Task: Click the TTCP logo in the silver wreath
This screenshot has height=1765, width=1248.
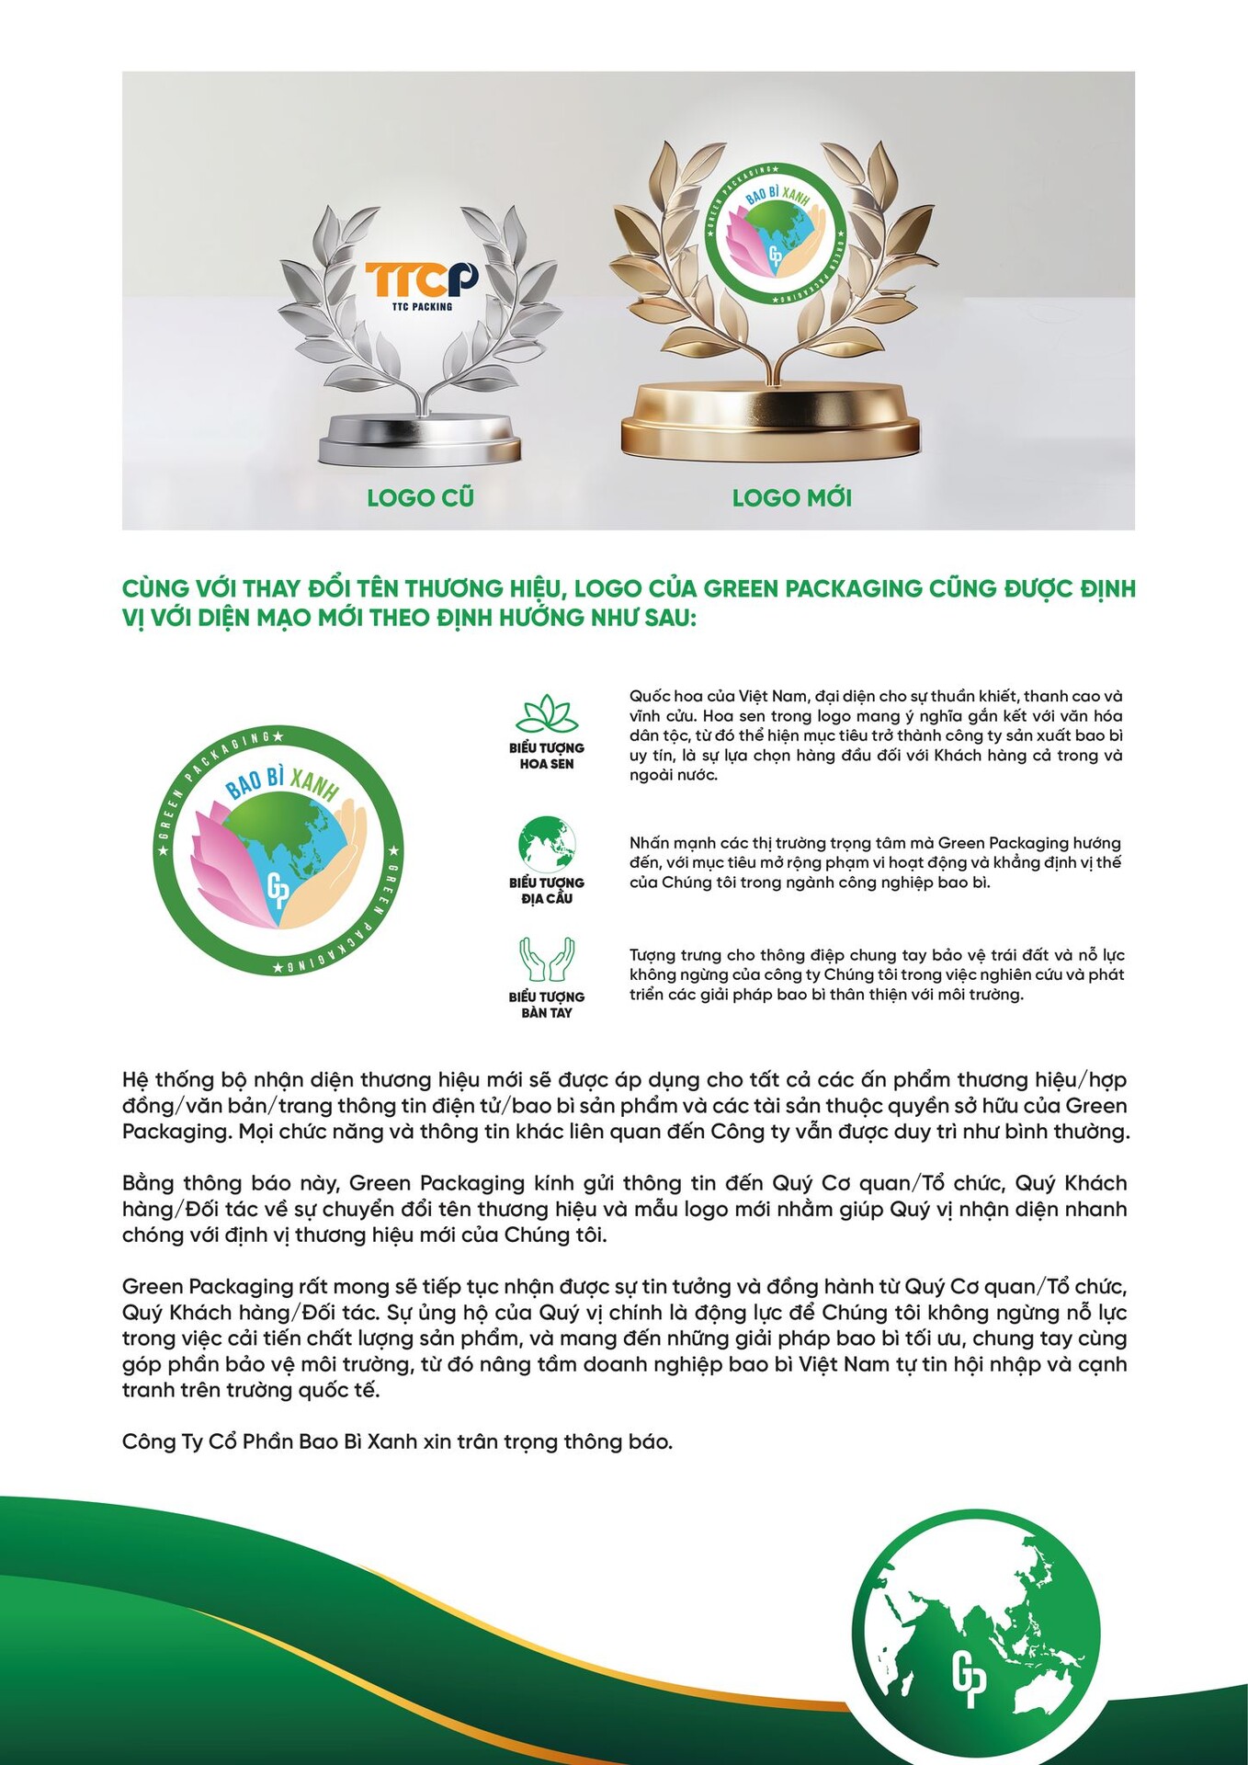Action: pyautogui.click(x=421, y=285)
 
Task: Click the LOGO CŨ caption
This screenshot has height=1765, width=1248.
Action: pyautogui.click(x=420, y=498)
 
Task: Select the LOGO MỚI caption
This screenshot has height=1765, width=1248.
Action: pyautogui.click(x=791, y=498)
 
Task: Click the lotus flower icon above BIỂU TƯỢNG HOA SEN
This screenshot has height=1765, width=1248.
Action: pyautogui.click(x=546, y=715)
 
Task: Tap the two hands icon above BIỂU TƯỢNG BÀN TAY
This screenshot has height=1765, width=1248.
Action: pyautogui.click(x=547, y=960)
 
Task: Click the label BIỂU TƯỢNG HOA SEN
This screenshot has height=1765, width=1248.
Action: pyautogui.click(x=547, y=756)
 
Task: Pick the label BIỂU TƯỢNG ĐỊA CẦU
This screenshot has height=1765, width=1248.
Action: pyautogui.click(x=547, y=890)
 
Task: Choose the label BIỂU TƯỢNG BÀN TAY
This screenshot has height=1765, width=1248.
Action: pyautogui.click(x=547, y=1005)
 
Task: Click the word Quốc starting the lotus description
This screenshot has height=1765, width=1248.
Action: pyautogui.click(x=647, y=696)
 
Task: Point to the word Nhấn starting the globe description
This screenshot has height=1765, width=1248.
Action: pyautogui.click(x=649, y=843)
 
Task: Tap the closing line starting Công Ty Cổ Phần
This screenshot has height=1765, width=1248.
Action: pyautogui.click(x=397, y=1441)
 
